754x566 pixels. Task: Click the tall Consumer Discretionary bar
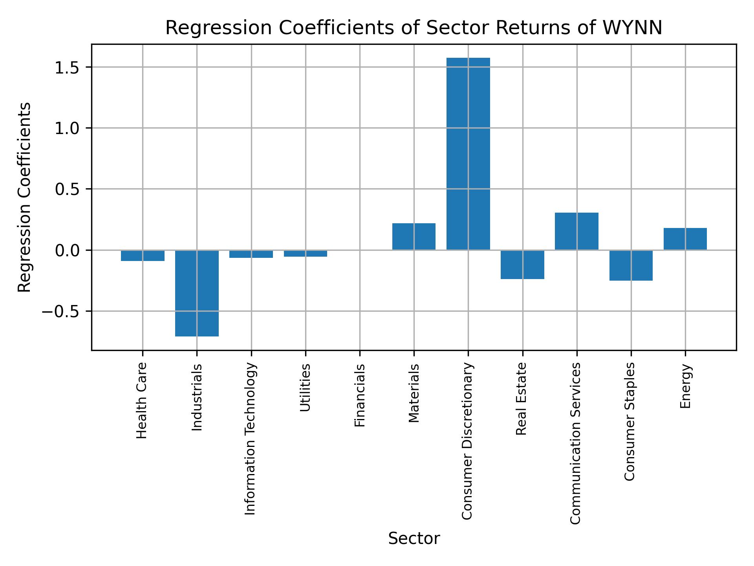click(x=468, y=153)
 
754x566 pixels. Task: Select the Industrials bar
click(x=197, y=293)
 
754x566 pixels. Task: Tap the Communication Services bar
click(x=576, y=231)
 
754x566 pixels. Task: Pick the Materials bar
click(x=414, y=236)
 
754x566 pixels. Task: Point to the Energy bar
click(x=685, y=239)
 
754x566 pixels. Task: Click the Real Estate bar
click(x=522, y=265)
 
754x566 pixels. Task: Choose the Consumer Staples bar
click(x=631, y=265)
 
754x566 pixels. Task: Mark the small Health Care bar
click(x=143, y=255)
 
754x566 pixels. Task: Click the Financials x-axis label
click(x=360, y=395)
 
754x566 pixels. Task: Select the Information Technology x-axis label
click(x=251, y=438)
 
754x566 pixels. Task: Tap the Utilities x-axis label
click(x=306, y=387)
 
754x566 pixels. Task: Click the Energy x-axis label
click(x=685, y=386)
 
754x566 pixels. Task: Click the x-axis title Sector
click(x=414, y=538)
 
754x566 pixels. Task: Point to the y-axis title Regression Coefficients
click(x=24, y=197)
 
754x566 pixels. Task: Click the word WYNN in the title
click(x=633, y=28)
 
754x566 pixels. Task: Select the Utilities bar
click(x=306, y=254)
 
